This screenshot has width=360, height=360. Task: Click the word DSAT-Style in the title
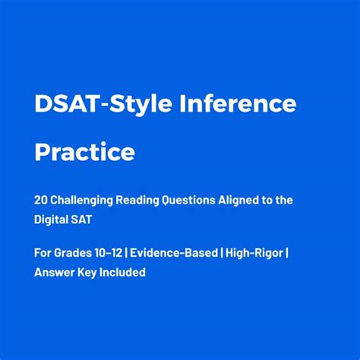97,104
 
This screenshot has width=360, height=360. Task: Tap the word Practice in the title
84,152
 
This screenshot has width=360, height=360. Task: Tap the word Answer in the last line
54,272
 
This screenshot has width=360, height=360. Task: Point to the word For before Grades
43,253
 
